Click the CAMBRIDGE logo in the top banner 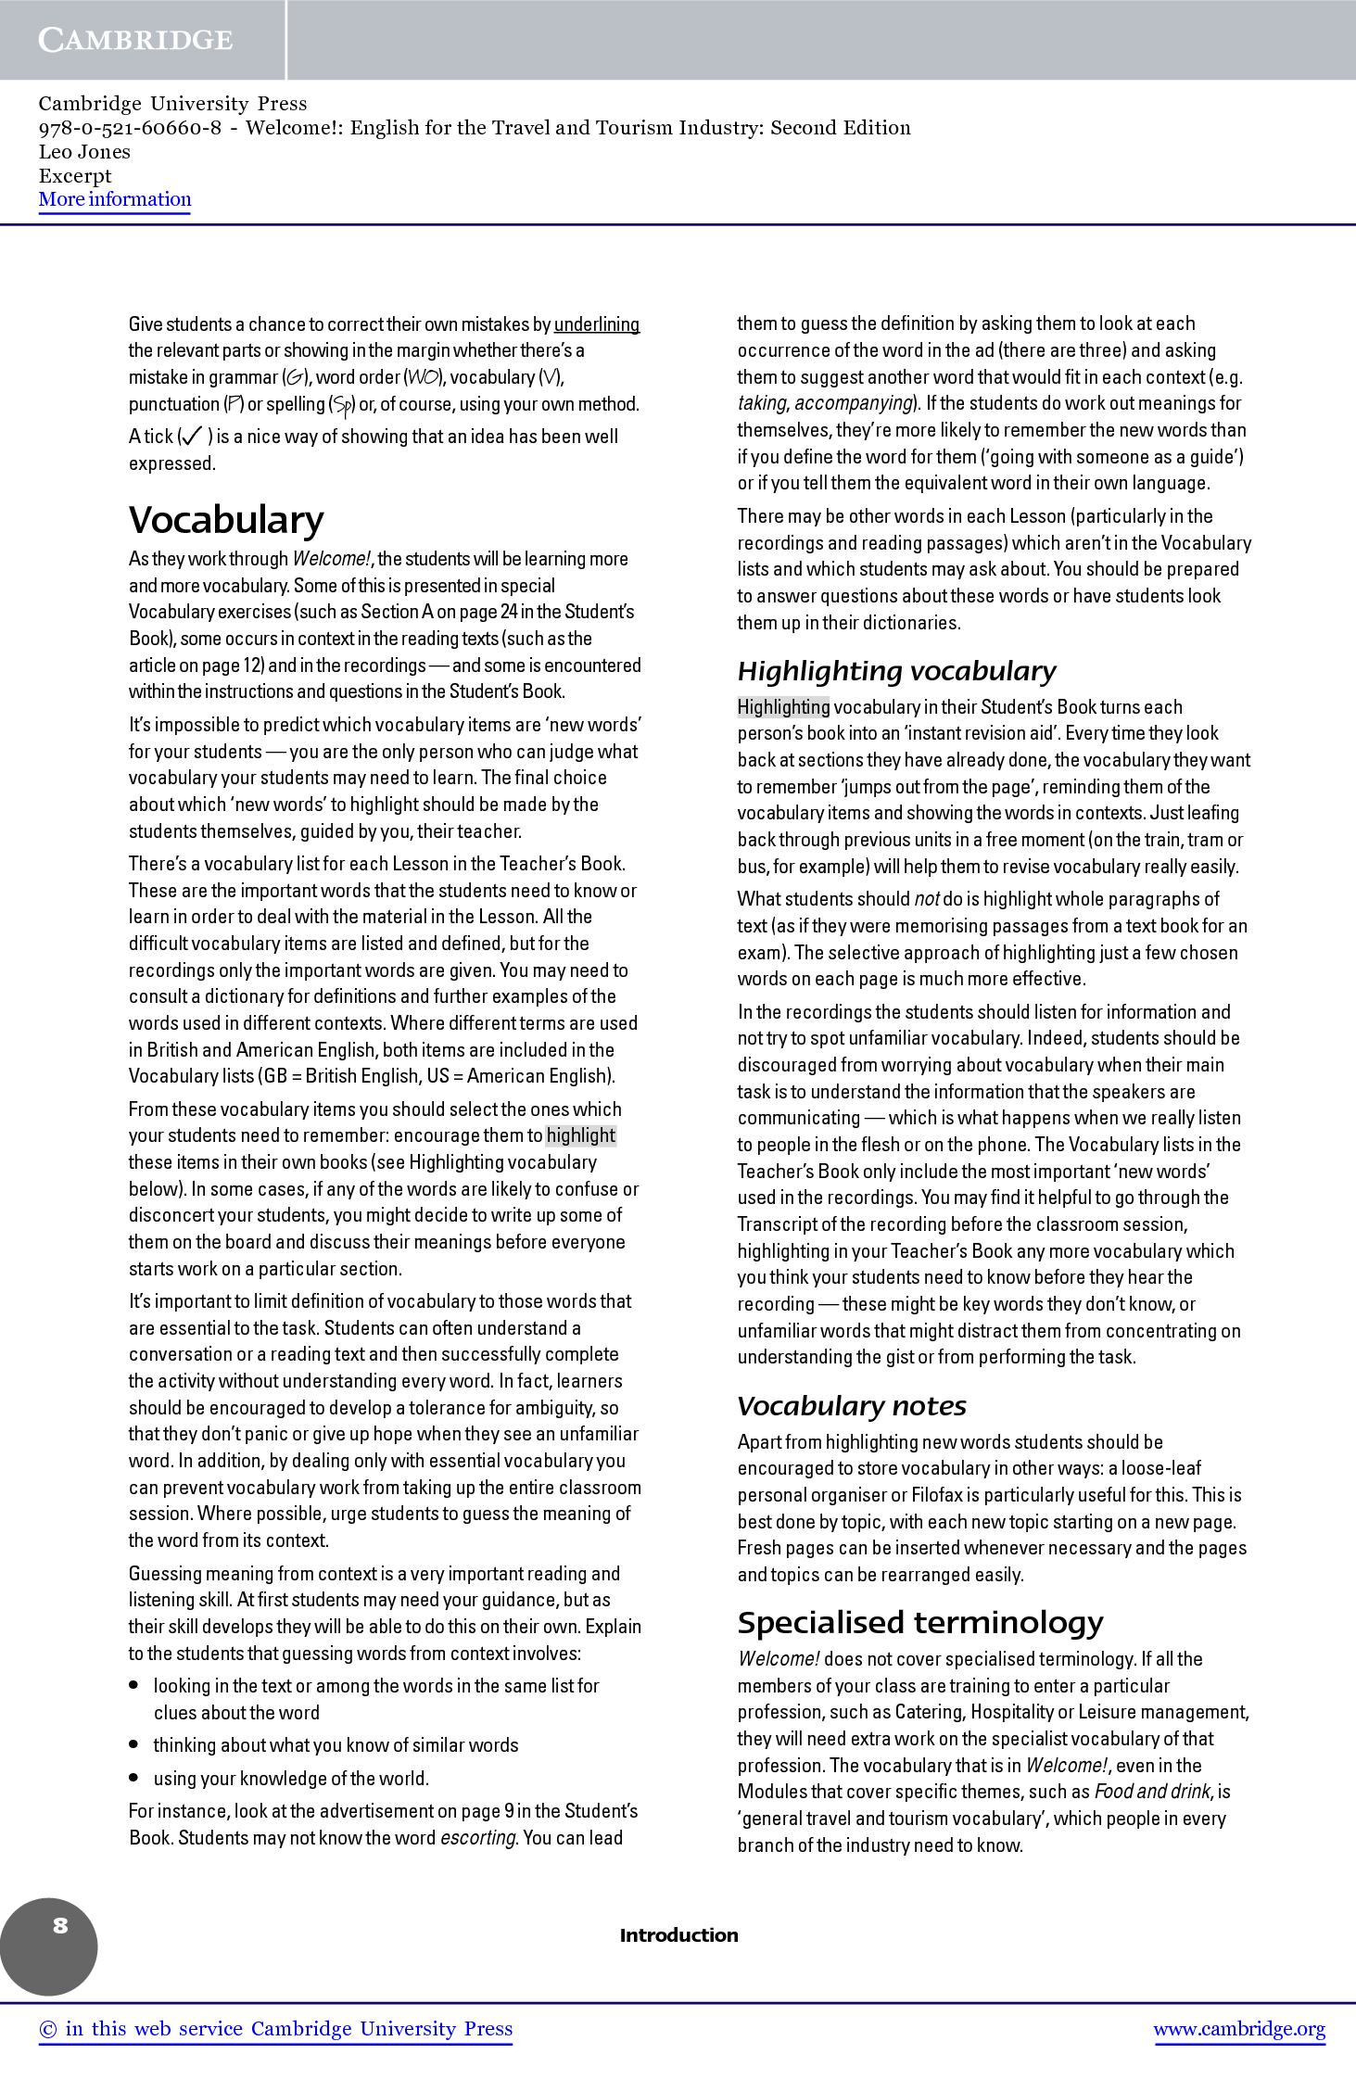point(135,40)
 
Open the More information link point(115,199)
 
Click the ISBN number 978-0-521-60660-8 point(130,128)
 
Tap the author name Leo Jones point(84,152)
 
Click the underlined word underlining point(597,324)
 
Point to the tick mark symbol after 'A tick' point(193,436)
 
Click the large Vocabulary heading point(226,520)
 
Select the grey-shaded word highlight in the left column point(581,1135)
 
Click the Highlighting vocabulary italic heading point(896,671)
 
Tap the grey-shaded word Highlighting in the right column point(783,707)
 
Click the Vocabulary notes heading point(851,1406)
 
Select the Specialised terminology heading point(920,1623)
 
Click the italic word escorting point(478,1838)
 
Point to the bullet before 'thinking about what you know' point(134,1744)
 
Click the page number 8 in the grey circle point(60,1926)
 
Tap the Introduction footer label point(678,1935)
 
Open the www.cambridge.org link point(1239,2029)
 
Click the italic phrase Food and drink point(1152,1792)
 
